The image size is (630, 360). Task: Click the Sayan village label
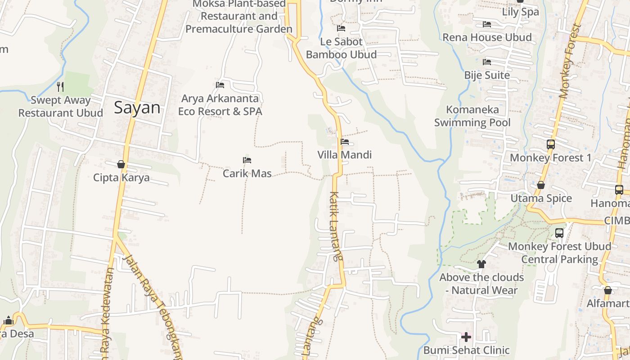coord(137,108)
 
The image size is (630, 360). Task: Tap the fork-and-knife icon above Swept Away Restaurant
coord(60,86)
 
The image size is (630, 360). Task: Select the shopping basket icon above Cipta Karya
coord(121,164)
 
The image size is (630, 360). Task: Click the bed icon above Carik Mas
coord(247,160)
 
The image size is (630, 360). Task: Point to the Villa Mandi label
coord(345,155)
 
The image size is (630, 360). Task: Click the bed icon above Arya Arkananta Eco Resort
coord(220,85)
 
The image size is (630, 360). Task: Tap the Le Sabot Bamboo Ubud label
coord(341,48)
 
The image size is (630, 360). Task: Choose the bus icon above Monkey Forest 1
coord(551,144)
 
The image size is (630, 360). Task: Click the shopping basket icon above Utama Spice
coord(541,185)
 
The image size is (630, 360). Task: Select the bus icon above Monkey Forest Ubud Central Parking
coord(559,233)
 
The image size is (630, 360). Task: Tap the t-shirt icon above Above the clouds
coord(481,264)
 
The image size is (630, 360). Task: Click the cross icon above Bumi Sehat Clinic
coord(466,337)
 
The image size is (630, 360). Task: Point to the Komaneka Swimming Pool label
coord(472,116)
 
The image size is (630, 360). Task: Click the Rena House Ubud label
coord(487,37)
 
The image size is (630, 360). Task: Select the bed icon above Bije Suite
coord(487,62)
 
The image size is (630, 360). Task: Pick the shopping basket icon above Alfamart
coord(608,290)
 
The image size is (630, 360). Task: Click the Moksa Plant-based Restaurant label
coord(238,17)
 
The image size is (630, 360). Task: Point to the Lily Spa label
coord(520,12)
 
